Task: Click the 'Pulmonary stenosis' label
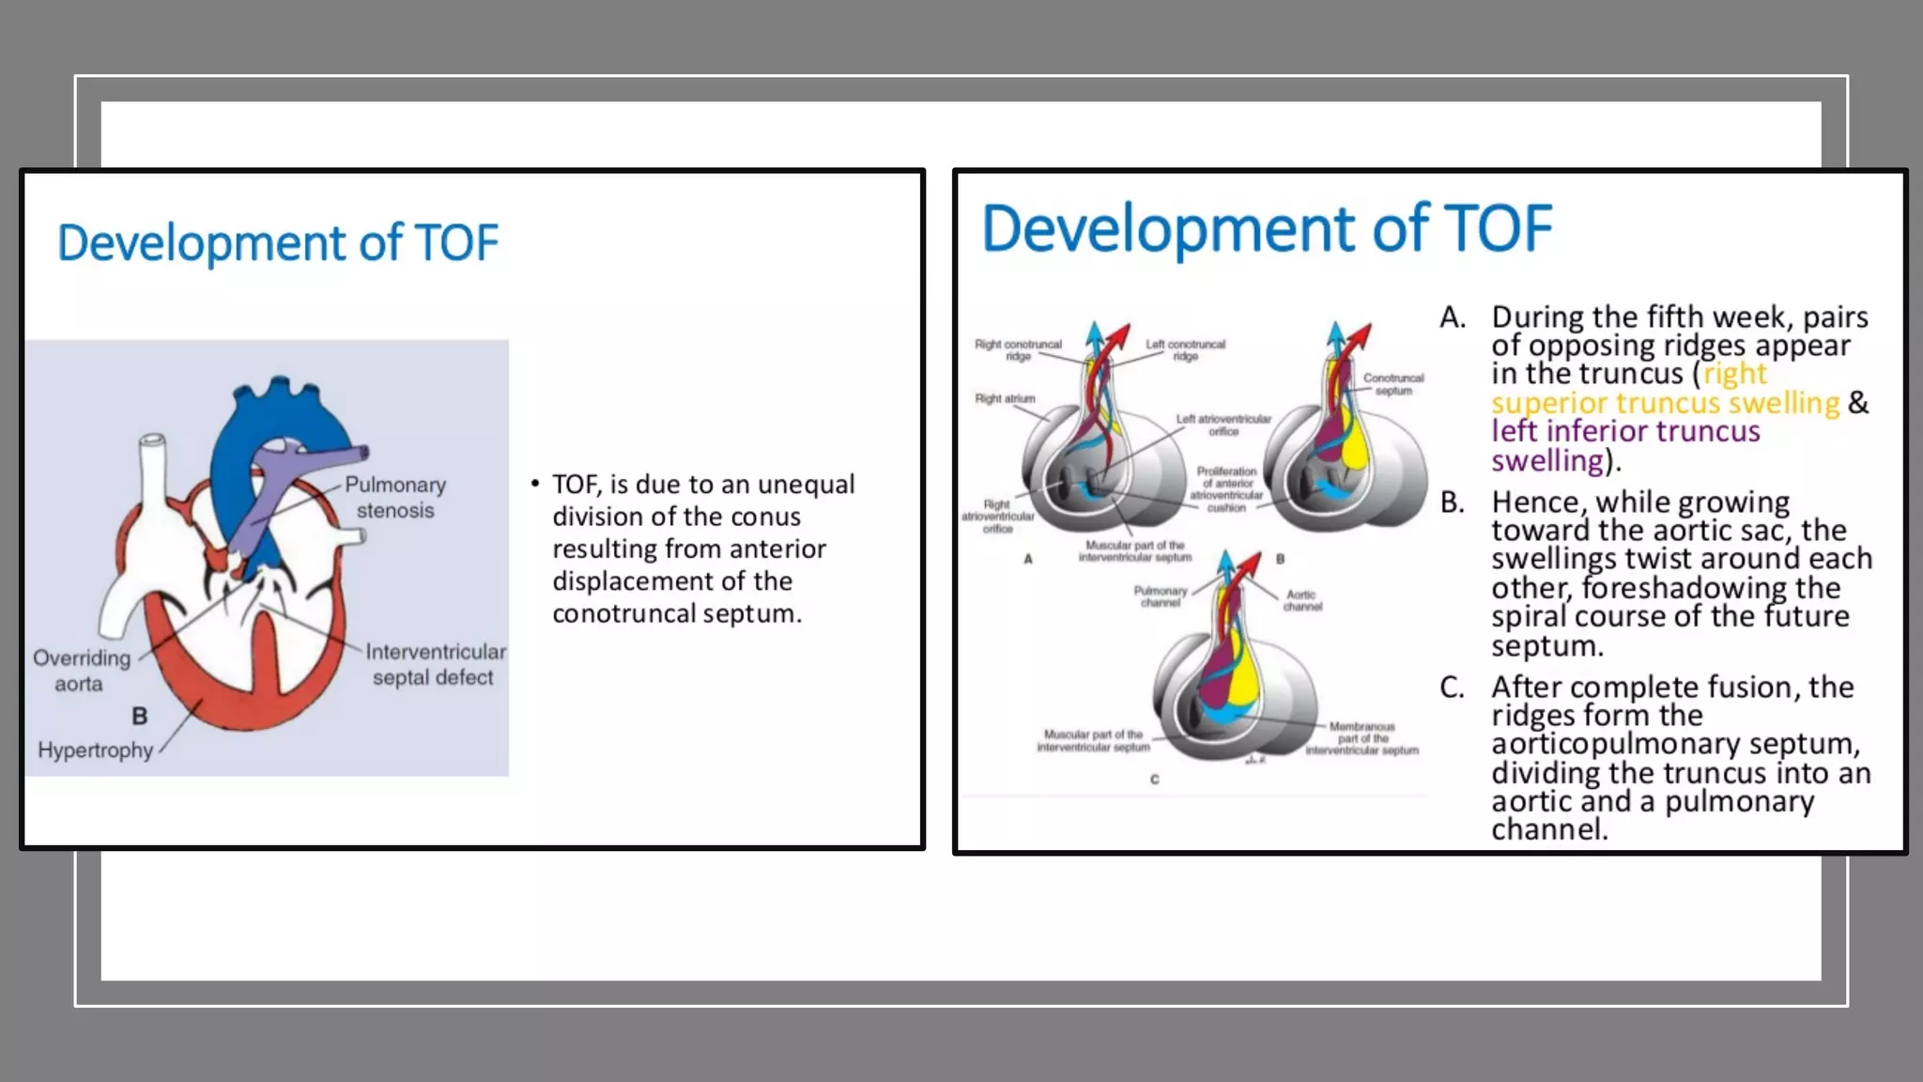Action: (x=395, y=498)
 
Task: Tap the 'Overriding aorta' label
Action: (x=81, y=671)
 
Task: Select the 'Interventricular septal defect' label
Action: (x=435, y=664)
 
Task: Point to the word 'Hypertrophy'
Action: (x=95, y=750)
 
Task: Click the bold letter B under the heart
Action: (x=140, y=717)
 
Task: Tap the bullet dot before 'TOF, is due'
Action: (x=534, y=484)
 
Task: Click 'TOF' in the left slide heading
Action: (x=456, y=243)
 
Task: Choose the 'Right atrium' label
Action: (x=1005, y=398)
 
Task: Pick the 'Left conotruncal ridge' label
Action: (x=1185, y=349)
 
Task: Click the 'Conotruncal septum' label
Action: (x=1393, y=383)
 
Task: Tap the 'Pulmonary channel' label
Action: (x=1161, y=596)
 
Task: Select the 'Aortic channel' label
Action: (x=1302, y=600)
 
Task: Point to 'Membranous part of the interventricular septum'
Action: (x=1361, y=738)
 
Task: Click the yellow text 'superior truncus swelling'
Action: (x=1665, y=403)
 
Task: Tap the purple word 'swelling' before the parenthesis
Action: (x=1546, y=460)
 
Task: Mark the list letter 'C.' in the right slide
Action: (x=1452, y=687)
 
